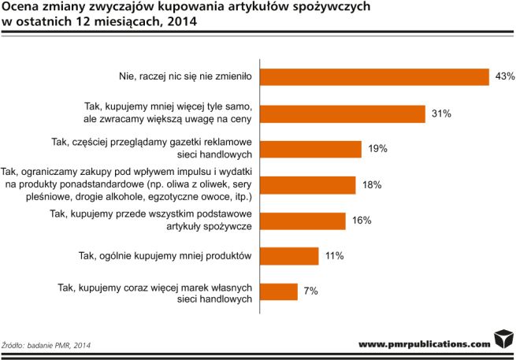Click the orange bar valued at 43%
click(x=375, y=76)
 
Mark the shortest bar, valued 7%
click(x=278, y=291)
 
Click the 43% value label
click(x=505, y=76)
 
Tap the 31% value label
click(x=440, y=113)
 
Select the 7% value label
click(x=310, y=292)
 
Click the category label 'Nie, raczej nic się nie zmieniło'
click(x=183, y=77)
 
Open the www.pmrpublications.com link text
click(x=424, y=344)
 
